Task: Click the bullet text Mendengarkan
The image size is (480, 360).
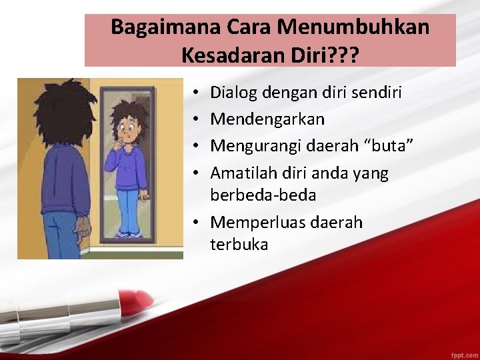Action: [x=267, y=119]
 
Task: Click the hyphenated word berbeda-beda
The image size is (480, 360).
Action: [x=263, y=196]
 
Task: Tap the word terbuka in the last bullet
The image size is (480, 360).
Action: [x=239, y=245]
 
